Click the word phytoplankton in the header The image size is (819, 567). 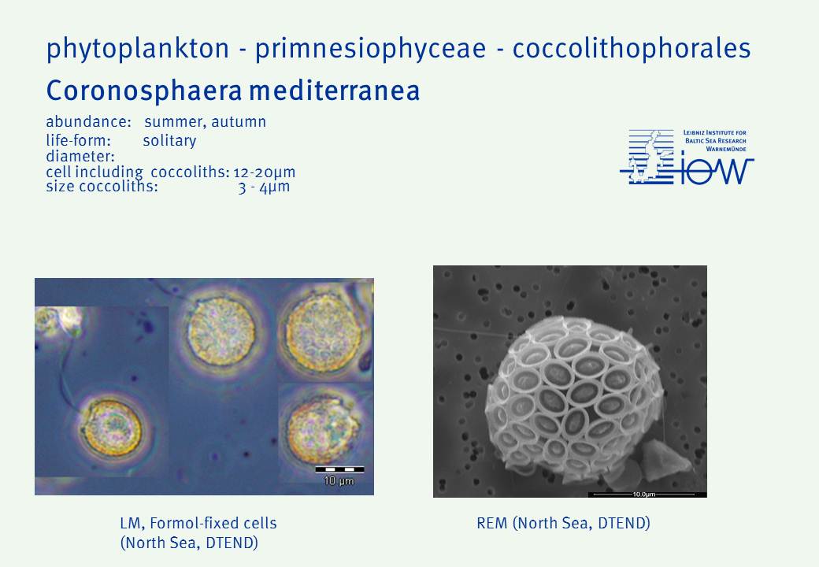coord(138,49)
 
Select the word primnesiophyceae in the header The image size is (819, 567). coord(370,49)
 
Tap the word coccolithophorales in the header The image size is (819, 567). coord(632,48)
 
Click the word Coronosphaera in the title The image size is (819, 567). coord(144,91)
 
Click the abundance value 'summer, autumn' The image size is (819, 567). coord(206,122)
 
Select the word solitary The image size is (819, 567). coord(169,141)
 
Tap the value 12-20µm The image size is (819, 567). coord(265,172)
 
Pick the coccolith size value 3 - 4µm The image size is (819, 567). coord(264,187)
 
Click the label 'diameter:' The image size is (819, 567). coord(80,156)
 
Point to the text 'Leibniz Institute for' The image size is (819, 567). coord(714,132)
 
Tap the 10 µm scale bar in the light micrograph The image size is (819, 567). coord(339,469)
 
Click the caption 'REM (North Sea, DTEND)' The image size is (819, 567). coord(564,523)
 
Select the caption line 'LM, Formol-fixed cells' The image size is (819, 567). coord(198,523)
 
